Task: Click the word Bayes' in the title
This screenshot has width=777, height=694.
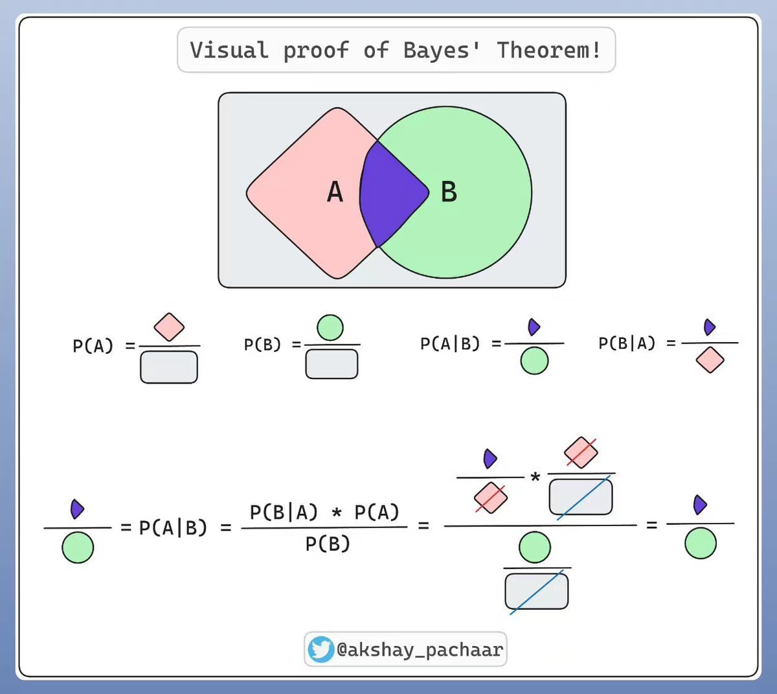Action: pyautogui.click(x=442, y=50)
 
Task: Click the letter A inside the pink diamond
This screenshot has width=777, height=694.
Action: pyautogui.click(x=335, y=192)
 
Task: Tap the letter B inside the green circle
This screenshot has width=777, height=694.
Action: pyautogui.click(x=449, y=192)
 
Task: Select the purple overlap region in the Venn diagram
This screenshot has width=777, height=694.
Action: pyautogui.click(x=391, y=193)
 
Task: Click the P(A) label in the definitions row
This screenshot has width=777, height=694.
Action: pyautogui.click(x=93, y=346)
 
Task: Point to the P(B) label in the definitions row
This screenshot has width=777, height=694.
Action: pyautogui.click(x=262, y=345)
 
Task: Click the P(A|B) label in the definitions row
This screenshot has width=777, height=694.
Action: pyautogui.click(x=450, y=343)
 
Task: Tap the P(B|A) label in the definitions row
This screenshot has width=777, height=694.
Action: pyautogui.click(x=627, y=343)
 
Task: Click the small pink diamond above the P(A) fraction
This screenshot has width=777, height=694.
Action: pyautogui.click(x=169, y=327)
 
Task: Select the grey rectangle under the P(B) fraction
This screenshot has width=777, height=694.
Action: pyautogui.click(x=332, y=364)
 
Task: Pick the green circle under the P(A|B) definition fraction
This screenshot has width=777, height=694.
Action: pyautogui.click(x=534, y=361)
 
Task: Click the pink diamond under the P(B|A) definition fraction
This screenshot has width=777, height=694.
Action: pyautogui.click(x=710, y=360)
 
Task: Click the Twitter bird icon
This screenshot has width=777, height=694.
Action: pyautogui.click(x=321, y=649)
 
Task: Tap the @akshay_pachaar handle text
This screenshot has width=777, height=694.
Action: pyautogui.click(x=419, y=649)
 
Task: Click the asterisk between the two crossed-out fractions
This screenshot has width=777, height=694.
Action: pyautogui.click(x=535, y=478)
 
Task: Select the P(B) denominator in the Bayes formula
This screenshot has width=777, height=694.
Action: pyautogui.click(x=328, y=544)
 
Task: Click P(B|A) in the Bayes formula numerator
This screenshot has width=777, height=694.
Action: pyautogui.click(x=284, y=512)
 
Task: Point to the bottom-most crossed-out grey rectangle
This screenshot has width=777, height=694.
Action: pyautogui.click(x=536, y=591)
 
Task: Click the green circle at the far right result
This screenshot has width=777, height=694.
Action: pyautogui.click(x=700, y=543)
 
